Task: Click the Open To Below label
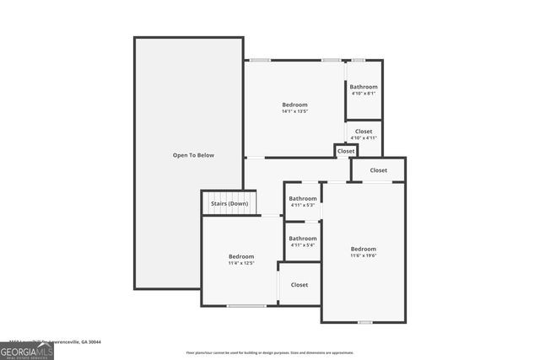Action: coord(193,155)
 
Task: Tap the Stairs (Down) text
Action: coord(229,203)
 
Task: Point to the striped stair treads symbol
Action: coord(229,211)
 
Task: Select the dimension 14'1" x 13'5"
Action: coord(294,111)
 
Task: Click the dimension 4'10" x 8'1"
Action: coord(364,94)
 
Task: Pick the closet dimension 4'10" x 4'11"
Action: coord(364,138)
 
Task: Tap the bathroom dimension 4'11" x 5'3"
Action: coord(302,205)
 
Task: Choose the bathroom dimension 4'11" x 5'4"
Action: coord(302,245)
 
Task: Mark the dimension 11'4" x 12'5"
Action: coord(240,263)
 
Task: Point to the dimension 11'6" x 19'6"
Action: coord(364,255)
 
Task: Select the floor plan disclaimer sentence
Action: coord(270,352)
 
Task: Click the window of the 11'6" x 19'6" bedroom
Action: coord(364,322)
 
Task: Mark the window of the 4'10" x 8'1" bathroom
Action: coord(358,60)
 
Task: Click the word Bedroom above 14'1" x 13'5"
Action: coord(294,105)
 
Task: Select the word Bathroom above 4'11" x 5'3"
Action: coord(302,198)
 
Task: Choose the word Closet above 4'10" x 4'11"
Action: coord(364,132)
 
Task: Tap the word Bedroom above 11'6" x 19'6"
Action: coord(364,249)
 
